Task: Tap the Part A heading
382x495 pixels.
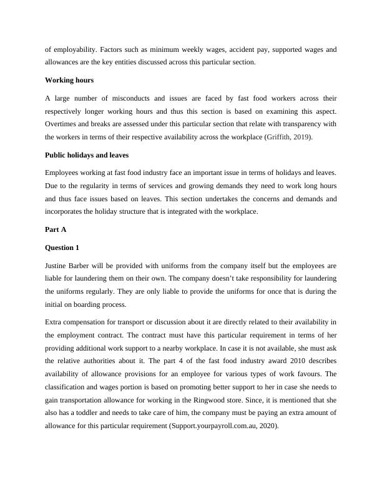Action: click(56, 229)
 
